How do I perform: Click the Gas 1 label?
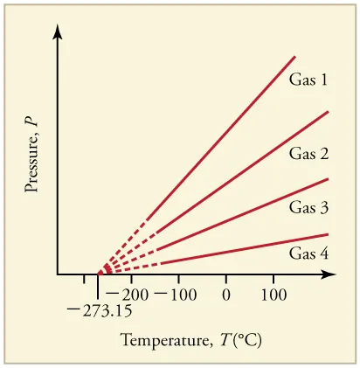pyautogui.click(x=308, y=80)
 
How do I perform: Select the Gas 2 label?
pyautogui.click(x=308, y=155)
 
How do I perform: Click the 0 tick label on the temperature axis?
pyautogui.click(x=225, y=295)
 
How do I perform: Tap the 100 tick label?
pyautogui.click(x=273, y=295)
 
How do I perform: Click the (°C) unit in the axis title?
pyautogui.click(x=223, y=339)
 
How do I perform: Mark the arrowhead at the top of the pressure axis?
pyautogui.click(x=59, y=32)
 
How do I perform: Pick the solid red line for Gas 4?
pyautogui.click(x=245, y=248)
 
